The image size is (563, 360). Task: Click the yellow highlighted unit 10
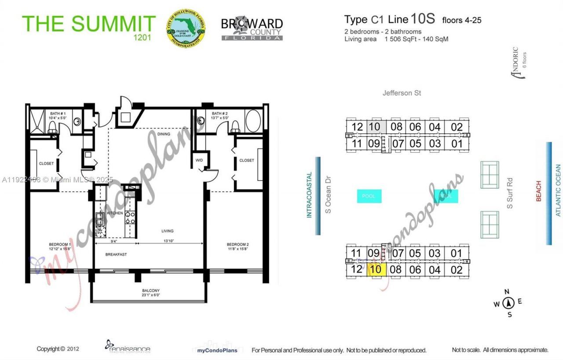377,269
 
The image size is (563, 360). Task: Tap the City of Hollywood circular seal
185,27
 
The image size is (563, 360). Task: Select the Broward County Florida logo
252,29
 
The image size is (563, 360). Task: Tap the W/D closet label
199,160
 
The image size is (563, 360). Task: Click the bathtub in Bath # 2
252,121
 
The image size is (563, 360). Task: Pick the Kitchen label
115,213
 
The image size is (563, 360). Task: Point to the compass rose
508,303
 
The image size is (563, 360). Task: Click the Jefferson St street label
402,93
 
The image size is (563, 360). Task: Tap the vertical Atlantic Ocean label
558,190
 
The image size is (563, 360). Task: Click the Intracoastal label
309,195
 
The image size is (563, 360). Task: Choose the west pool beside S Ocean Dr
369,196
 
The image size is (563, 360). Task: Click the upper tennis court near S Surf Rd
490,175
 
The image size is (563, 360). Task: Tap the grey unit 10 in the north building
374,127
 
